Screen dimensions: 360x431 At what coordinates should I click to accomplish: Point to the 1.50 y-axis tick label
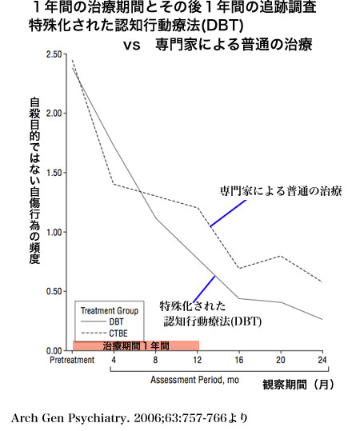(54, 173)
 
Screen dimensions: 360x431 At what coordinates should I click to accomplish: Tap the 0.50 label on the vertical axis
(54, 291)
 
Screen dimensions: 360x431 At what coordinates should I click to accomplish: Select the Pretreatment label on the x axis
(72, 360)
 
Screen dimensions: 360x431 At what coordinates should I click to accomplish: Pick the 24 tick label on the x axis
(322, 360)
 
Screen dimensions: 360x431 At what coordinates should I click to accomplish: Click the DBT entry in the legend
(102, 321)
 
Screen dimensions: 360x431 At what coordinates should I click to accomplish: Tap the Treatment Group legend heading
(110, 311)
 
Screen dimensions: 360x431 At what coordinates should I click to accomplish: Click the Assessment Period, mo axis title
(194, 380)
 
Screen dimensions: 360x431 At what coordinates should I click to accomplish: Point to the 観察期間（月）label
(298, 384)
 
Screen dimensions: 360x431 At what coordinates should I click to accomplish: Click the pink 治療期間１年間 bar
(136, 345)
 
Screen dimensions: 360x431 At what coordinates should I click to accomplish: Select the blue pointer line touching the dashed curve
(228, 214)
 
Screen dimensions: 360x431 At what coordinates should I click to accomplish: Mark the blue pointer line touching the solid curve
(204, 289)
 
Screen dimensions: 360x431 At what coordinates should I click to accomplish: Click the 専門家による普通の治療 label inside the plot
(281, 191)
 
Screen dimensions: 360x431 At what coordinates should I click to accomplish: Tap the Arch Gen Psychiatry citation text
(130, 418)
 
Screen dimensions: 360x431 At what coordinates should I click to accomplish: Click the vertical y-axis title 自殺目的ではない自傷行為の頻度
(34, 181)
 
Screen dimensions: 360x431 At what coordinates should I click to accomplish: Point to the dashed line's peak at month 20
(281, 256)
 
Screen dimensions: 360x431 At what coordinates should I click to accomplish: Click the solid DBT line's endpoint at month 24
(322, 319)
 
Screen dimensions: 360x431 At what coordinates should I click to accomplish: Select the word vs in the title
(132, 45)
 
